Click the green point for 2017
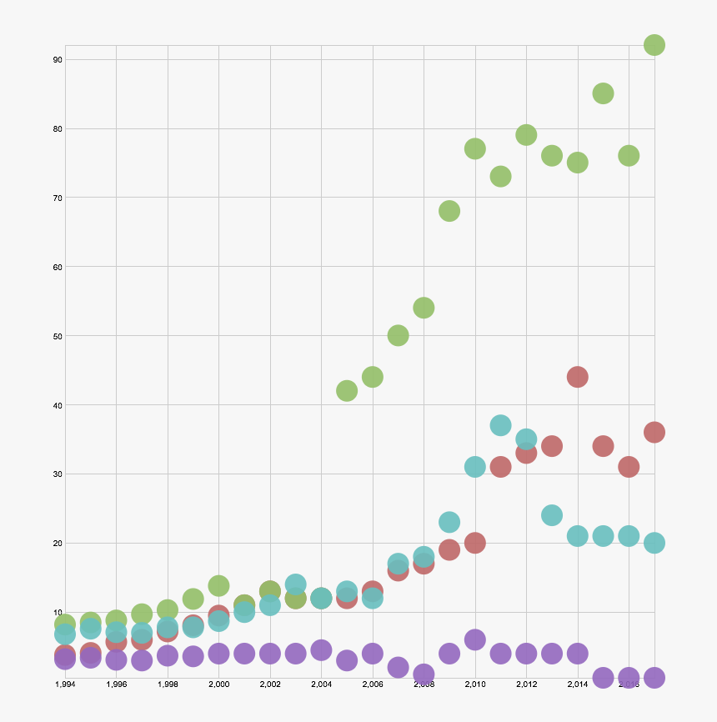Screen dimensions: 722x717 click(x=654, y=45)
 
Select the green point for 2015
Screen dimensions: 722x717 click(x=603, y=93)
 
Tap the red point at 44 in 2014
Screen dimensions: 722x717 click(x=577, y=377)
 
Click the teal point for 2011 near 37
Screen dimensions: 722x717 click(x=500, y=425)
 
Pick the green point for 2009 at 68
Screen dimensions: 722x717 click(x=449, y=211)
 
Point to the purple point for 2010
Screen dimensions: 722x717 click(x=475, y=639)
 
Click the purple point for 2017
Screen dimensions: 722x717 click(x=654, y=677)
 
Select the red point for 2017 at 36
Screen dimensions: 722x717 click(x=654, y=432)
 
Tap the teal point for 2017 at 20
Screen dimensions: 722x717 click(x=654, y=543)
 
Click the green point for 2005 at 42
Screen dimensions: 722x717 click(x=347, y=390)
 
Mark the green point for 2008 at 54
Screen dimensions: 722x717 click(x=424, y=308)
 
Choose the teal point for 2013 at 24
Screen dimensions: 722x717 click(x=552, y=515)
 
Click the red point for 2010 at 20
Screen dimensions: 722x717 click(x=475, y=543)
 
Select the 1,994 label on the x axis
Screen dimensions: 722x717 click(x=65, y=684)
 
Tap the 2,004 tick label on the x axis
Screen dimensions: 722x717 click(x=321, y=684)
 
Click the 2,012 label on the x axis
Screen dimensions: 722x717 click(x=526, y=684)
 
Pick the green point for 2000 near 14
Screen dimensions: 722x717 click(x=218, y=585)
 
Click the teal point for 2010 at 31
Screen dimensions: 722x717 click(x=475, y=467)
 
